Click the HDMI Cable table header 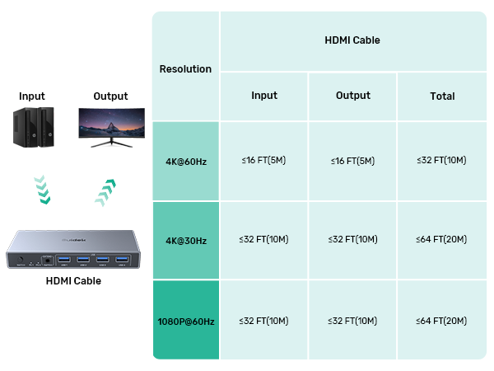click(x=352, y=40)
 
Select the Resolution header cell click(x=185, y=69)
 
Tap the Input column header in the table click(x=264, y=96)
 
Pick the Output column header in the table click(x=352, y=96)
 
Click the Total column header click(x=442, y=96)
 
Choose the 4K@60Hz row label click(x=185, y=161)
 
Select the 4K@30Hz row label click(x=185, y=241)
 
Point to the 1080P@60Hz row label click(x=185, y=320)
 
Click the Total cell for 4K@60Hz click(x=441, y=161)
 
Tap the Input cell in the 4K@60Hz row click(x=264, y=161)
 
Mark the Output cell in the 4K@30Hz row click(x=352, y=240)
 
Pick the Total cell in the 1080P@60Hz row click(x=441, y=320)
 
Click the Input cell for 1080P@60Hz click(x=264, y=320)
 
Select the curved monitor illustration click(x=113, y=126)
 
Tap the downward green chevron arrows click(x=41, y=189)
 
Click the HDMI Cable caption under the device click(x=73, y=281)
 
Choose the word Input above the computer click(x=32, y=96)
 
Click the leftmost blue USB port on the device click(x=64, y=261)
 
